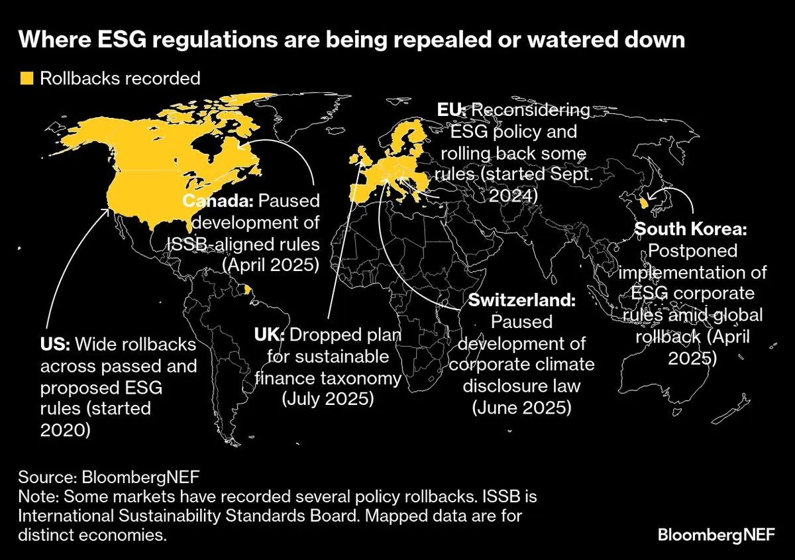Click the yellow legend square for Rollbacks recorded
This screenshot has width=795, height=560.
click(26, 78)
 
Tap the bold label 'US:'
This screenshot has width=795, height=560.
click(56, 345)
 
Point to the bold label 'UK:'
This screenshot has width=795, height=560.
click(269, 335)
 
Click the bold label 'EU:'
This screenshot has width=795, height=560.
click(452, 110)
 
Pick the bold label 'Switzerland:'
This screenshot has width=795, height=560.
click(523, 300)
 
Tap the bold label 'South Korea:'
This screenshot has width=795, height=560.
click(691, 230)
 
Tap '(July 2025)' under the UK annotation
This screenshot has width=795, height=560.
click(328, 400)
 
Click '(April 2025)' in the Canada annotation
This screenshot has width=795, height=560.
click(271, 265)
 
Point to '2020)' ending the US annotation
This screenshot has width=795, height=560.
click(66, 430)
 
